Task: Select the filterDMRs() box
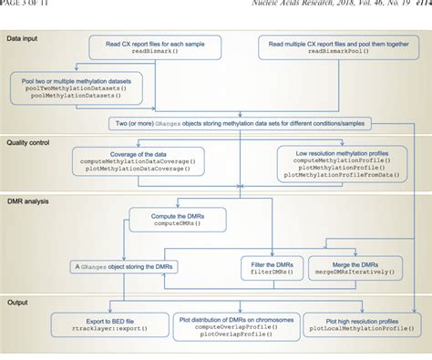pyautogui.click(x=270, y=267)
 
